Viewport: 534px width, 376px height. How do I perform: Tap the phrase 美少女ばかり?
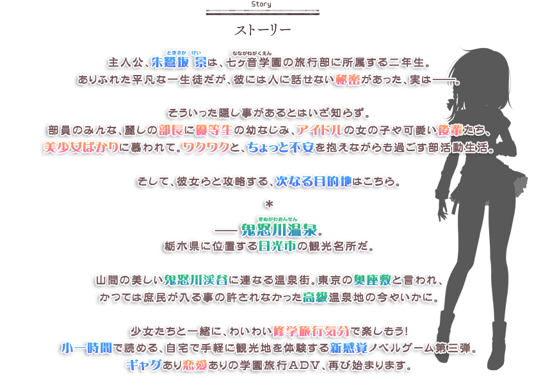click(x=79, y=147)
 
